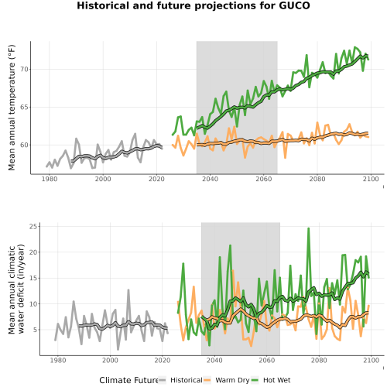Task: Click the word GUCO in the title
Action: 294,5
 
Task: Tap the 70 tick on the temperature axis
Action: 24,70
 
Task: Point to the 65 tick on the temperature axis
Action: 24,107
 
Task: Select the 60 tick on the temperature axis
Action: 24,145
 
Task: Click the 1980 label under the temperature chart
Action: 50,179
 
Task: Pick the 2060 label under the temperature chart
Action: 264,179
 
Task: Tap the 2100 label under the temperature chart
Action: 371,179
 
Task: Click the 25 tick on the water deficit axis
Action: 33,227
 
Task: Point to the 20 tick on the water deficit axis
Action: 33,252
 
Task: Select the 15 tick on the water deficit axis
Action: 33,278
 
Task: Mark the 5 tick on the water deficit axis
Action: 36,330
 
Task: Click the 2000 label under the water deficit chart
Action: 110,360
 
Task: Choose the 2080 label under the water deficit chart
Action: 319,360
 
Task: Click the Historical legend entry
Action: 180,380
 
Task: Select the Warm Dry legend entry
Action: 227,380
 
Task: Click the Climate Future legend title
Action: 128,380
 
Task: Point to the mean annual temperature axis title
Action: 12,108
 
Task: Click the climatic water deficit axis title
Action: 16,289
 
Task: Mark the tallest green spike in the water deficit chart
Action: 308,228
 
